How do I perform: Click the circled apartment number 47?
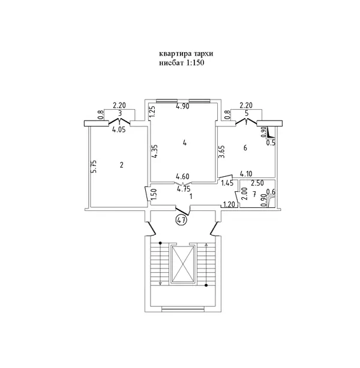point(181,220)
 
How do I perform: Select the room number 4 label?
point(185,143)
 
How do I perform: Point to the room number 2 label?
point(121,165)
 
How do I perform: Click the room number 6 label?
point(245,147)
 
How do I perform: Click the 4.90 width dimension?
point(183,106)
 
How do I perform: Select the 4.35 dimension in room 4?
point(154,152)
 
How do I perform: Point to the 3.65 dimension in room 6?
point(222,152)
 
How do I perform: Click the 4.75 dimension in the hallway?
point(184,189)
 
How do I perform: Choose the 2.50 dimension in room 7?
point(257,183)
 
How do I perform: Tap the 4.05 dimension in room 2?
point(119,129)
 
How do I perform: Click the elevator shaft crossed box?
point(183,264)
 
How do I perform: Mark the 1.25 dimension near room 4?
point(152,112)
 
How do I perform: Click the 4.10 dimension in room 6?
point(246,174)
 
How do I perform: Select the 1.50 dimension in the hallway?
point(154,195)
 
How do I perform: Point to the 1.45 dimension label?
point(227,183)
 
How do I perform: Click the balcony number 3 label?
point(120,113)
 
